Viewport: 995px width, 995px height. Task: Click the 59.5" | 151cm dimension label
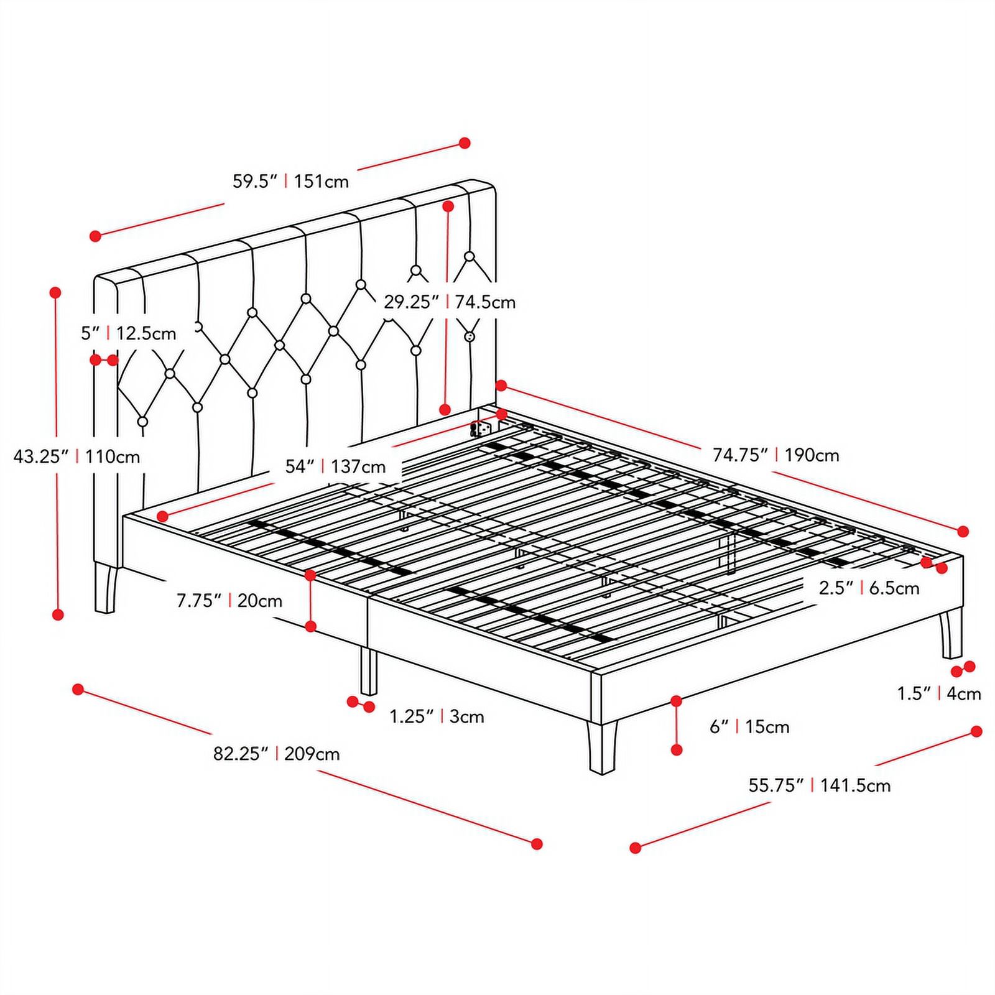point(290,182)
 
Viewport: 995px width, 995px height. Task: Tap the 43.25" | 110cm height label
point(77,457)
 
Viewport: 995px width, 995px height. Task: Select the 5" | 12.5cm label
point(128,333)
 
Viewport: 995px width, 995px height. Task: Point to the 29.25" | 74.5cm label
point(449,302)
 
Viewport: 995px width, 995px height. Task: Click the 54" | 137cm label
point(335,466)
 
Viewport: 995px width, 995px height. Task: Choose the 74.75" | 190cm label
point(775,455)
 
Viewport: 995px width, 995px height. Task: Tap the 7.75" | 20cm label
point(229,601)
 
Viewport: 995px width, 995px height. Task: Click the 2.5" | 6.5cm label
point(869,588)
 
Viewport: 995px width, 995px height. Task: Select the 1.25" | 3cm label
point(437,716)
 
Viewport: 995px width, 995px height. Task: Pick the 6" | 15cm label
point(749,726)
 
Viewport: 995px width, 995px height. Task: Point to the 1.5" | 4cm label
point(938,693)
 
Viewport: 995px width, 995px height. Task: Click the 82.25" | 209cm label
point(277,754)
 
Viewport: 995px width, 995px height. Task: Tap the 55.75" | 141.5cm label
point(819,785)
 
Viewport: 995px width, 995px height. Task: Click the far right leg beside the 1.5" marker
point(951,634)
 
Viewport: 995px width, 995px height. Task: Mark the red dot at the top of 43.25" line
point(55,292)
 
